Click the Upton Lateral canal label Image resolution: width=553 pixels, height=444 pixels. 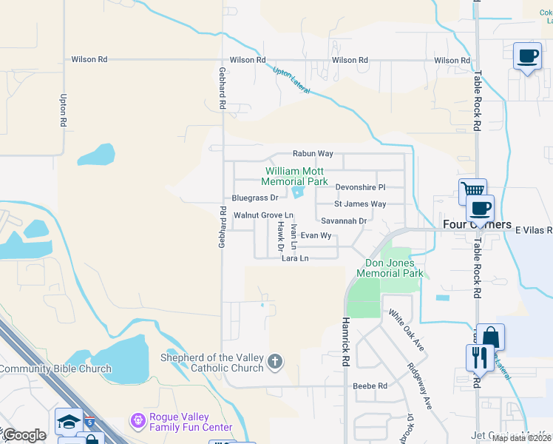tap(291, 81)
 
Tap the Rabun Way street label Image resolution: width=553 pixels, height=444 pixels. tap(313, 154)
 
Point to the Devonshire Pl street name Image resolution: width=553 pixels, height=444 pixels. tap(361, 187)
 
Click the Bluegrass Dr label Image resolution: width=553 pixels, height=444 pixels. tap(254, 198)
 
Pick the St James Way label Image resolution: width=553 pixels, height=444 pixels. tap(360, 203)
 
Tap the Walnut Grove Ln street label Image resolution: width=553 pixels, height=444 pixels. tap(259, 215)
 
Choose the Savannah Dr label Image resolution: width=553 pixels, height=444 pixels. tap(344, 221)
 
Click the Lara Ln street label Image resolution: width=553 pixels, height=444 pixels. tap(294, 259)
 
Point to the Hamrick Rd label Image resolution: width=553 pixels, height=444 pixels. tap(345, 340)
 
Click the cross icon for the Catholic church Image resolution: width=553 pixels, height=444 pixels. tap(274, 362)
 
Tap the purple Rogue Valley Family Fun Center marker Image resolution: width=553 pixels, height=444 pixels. tap(137, 420)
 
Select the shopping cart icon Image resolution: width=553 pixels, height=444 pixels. tap(472, 192)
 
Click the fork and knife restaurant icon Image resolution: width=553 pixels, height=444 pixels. tap(480, 357)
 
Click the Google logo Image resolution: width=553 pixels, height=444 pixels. tap(24, 435)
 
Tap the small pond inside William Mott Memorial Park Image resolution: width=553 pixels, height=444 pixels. tap(297, 192)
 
